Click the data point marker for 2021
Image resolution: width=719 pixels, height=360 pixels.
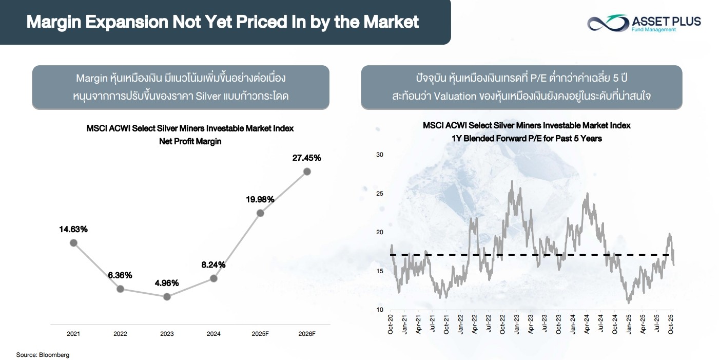coord(73,242)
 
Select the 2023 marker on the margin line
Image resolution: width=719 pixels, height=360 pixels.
coord(166,297)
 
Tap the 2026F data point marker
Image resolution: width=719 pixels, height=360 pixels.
coord(307,172)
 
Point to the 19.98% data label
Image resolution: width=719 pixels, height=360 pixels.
coord(260,199)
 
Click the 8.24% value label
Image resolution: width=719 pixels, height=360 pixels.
coord(213,265)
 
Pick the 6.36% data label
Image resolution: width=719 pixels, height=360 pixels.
coord(120,275)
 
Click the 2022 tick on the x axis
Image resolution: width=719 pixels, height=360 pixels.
coord(120,334)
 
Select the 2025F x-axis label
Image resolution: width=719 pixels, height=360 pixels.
coord(260,334)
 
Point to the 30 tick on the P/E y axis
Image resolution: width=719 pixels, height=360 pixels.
coord(380,155)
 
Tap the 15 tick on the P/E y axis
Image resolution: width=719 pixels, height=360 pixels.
coord(380,271)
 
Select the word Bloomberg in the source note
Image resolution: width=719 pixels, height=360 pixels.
coord(54,355)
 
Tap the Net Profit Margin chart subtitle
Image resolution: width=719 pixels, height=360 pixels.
coord(190,141)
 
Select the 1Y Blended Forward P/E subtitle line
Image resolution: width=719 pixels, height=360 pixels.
coord(527,138)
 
